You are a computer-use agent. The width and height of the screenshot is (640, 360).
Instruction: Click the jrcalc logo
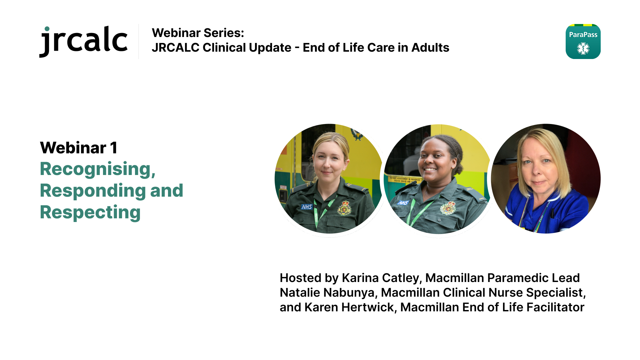[x=83, y=41]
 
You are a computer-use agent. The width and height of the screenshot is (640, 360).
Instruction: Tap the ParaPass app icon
[x=583, y=41]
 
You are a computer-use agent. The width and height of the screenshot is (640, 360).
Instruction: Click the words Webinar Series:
[x=198, y=33]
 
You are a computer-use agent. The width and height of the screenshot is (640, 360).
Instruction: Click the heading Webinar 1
[x=79, y=148]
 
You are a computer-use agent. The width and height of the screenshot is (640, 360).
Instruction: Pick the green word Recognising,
[x=98, y=169]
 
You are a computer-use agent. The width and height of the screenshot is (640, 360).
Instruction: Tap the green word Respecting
[x=90, y=213]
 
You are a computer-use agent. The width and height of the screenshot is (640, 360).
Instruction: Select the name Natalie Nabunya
[x=327, y=292]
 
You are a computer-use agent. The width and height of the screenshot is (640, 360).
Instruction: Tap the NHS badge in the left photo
[x=307, y=207]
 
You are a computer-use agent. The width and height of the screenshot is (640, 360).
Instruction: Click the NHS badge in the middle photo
[x=403, y=202]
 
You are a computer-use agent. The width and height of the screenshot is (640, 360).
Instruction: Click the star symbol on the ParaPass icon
[x=583, y=48]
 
